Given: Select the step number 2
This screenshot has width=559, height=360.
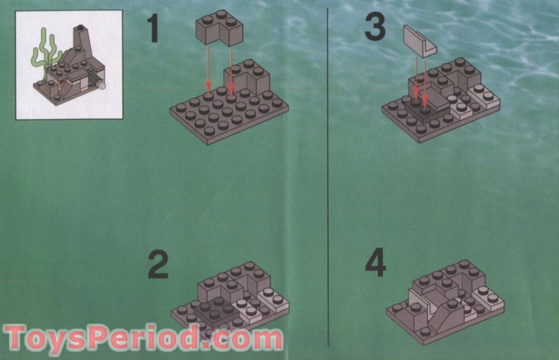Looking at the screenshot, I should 158,266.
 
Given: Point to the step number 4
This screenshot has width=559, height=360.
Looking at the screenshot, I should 375,264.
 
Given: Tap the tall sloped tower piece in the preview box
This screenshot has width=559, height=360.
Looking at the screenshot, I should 82,52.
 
